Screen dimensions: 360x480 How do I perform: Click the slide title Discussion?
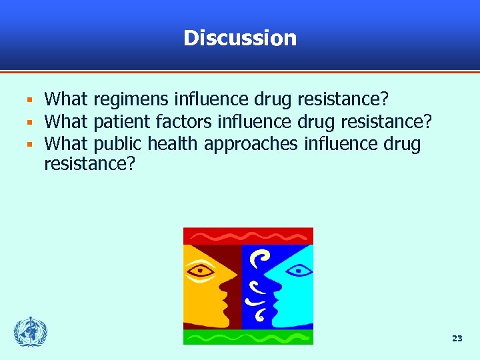(x=240, y=38)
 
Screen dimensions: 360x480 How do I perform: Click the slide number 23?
(x=457, y=339)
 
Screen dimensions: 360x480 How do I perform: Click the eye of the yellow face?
(x=201, y=271)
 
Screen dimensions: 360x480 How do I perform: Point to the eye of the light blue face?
(x=297, y=271)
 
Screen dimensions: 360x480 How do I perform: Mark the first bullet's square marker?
(x=29, y=101)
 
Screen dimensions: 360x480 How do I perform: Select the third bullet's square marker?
(x=29, y=145)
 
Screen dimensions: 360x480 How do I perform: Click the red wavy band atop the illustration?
(x=248, y=236)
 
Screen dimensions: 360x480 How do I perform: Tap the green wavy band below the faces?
(x=248, y=337)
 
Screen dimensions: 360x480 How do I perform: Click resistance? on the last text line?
(x=89, y=164)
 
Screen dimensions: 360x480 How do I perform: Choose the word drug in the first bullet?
(x=273, y=101)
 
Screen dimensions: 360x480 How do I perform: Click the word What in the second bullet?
(x=66, y=123)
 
